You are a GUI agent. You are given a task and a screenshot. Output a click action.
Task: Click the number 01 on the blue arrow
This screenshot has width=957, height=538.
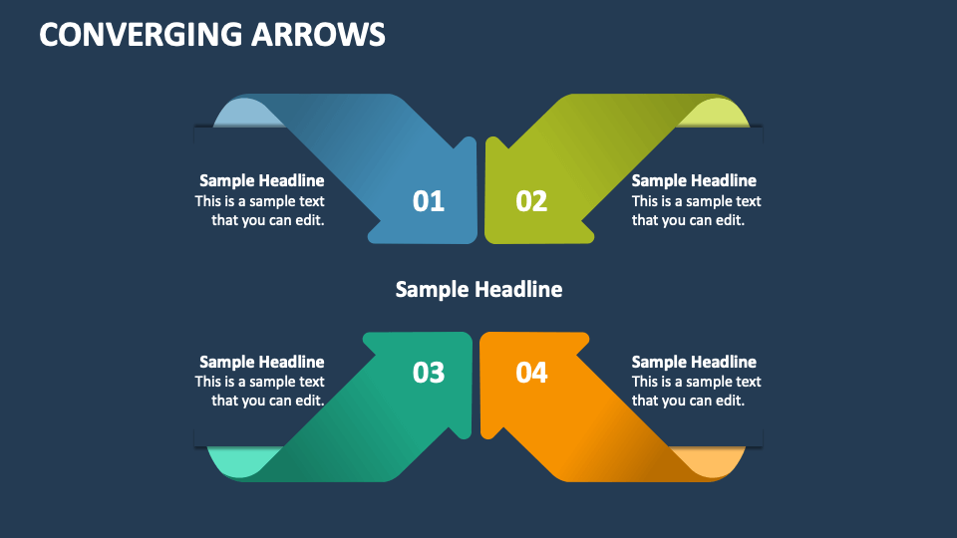429,201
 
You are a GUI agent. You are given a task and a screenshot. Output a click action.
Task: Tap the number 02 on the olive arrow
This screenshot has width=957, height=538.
531,201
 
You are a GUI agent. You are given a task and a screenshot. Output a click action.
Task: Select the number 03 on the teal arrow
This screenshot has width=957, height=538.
429,373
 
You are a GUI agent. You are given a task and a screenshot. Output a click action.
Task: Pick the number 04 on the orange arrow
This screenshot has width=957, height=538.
531,373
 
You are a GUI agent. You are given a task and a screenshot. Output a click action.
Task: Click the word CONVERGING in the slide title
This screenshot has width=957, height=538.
139,35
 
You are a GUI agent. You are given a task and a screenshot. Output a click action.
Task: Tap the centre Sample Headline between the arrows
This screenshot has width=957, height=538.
478,289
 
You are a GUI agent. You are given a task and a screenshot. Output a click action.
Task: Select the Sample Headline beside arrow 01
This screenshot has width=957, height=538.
261,180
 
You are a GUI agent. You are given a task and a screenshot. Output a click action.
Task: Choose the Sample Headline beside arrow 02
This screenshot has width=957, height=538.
694,180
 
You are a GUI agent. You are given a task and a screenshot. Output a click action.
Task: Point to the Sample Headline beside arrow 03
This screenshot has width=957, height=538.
261,362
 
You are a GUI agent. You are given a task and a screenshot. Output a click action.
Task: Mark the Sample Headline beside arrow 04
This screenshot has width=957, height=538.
694,362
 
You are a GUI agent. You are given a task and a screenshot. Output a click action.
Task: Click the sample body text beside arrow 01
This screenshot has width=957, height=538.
261,210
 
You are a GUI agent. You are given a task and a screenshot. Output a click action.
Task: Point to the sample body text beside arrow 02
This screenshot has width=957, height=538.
696,210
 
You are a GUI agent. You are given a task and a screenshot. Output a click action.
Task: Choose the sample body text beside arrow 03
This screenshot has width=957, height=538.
261,391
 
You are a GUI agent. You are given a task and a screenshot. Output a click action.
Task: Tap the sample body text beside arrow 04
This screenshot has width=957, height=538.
696,391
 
